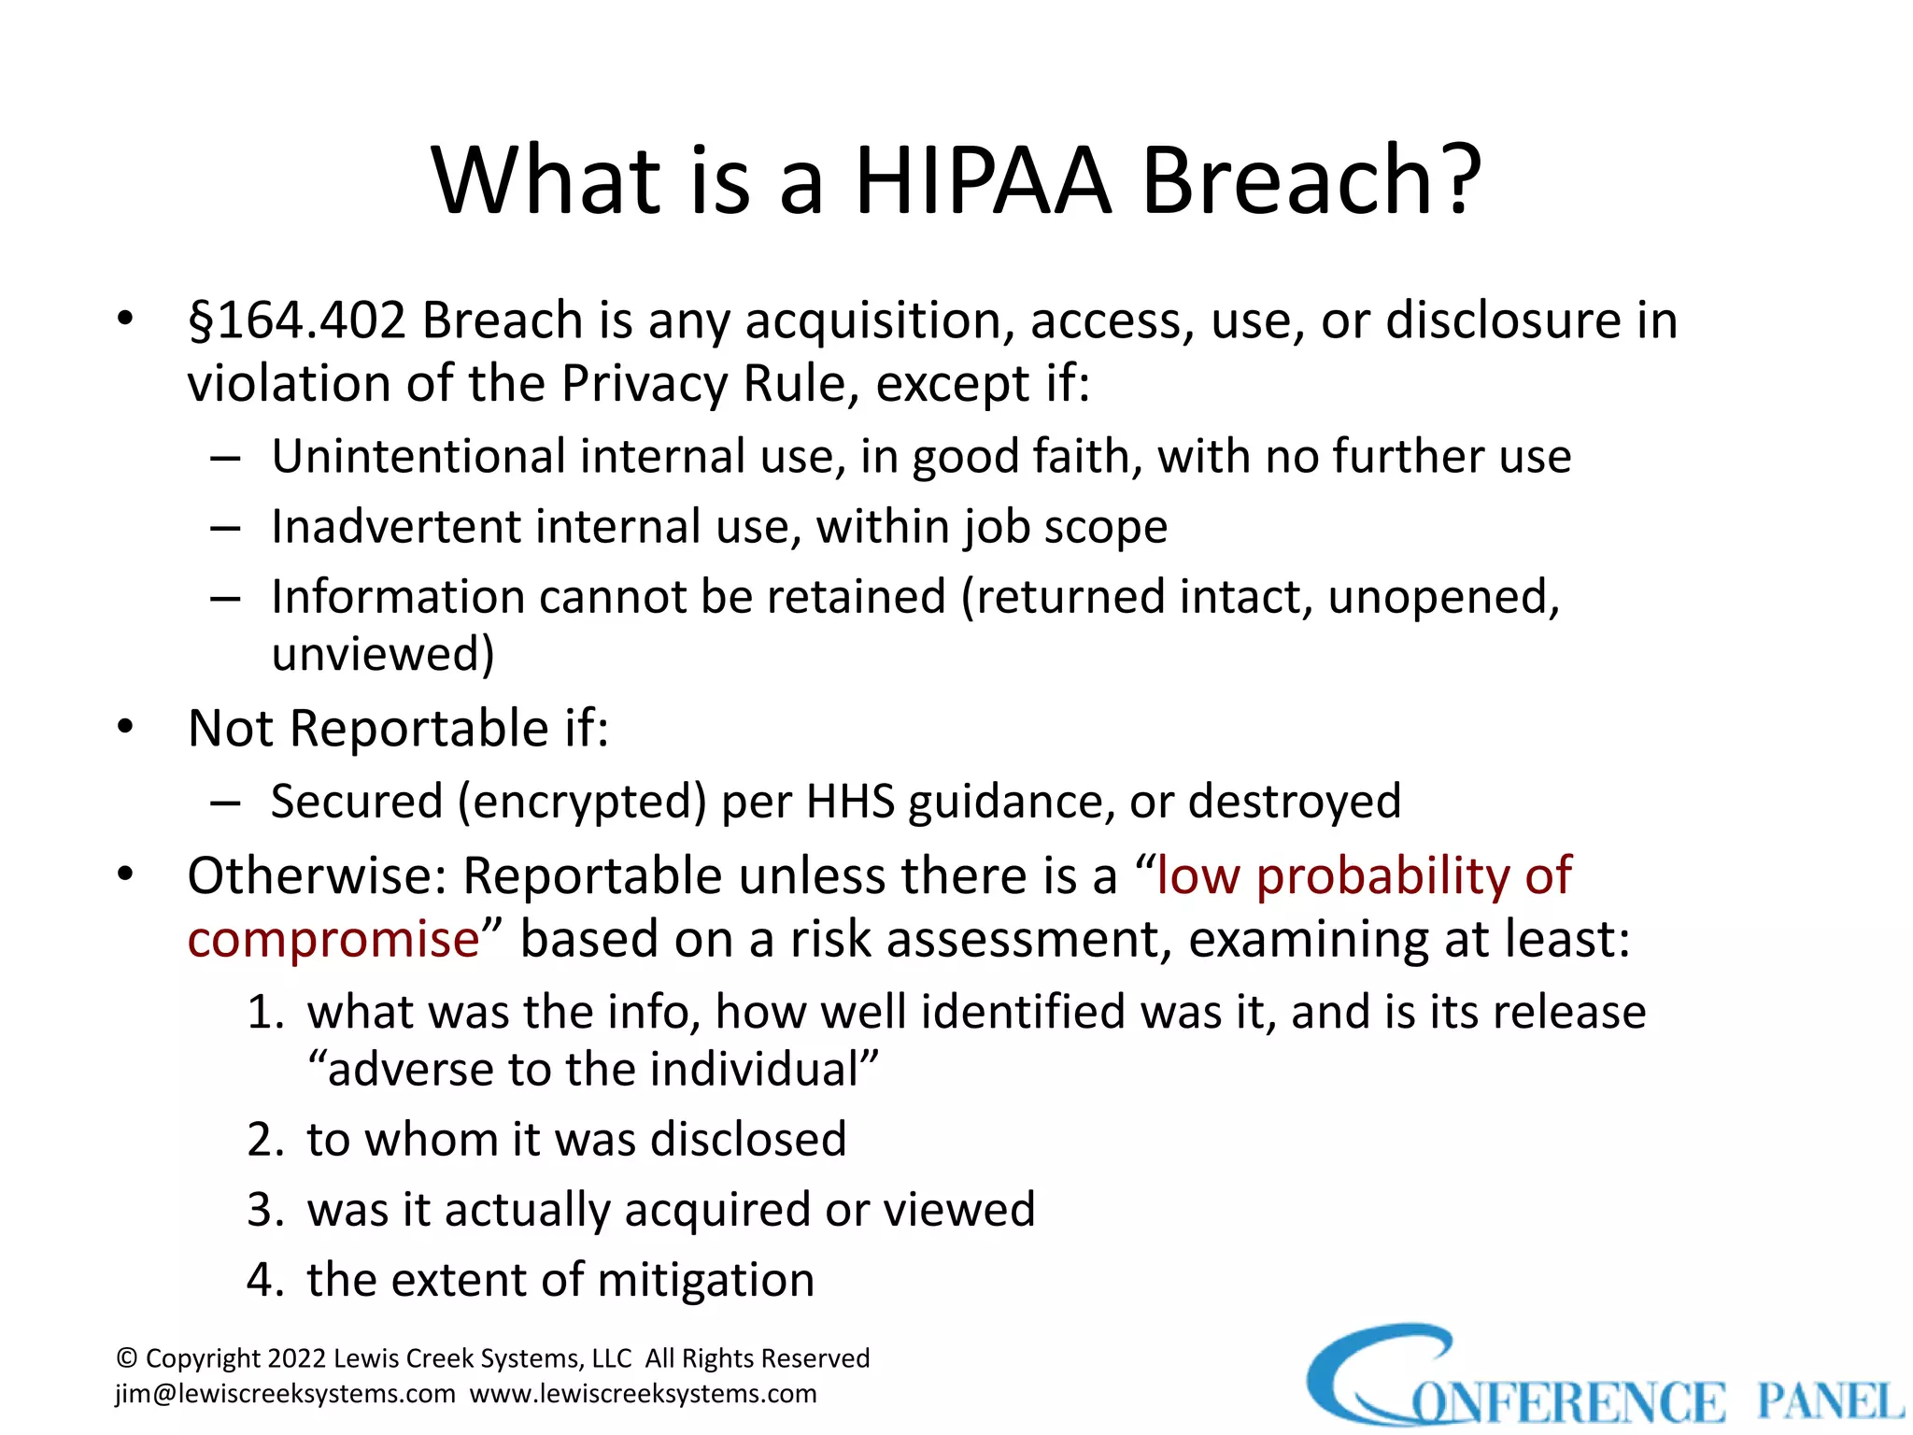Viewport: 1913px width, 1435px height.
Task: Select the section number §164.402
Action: tap(297, 320)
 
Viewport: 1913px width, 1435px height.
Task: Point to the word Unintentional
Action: tap(418, 456)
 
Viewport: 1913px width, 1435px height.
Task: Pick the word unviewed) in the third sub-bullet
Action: tap(383, 653)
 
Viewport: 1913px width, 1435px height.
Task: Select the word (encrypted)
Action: tap(581, 802)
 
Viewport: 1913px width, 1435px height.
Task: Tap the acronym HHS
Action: tap(850, 802)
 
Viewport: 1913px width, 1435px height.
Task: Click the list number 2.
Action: tap(264, 1140)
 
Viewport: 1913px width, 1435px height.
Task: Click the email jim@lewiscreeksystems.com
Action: tap(285, 1394)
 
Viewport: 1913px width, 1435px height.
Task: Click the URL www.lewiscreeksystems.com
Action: tap(643, 1394)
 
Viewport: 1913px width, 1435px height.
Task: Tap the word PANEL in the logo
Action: tap(1829, 1401)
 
